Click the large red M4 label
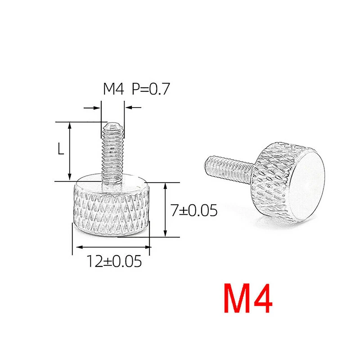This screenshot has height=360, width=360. click(x=248, y=298)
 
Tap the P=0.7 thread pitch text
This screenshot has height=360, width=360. click(x=151, y=89)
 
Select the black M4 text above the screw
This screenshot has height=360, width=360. click(x=113, y=89)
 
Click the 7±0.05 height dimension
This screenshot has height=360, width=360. click(x=194, y=210)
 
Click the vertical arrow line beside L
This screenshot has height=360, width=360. click(x=70, y=151)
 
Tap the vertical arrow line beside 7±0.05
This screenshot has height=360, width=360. click(x=165, y=209)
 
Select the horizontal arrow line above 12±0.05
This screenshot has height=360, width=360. click(x=113, y=247)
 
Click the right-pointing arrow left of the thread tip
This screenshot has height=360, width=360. click(x=92, y=108)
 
